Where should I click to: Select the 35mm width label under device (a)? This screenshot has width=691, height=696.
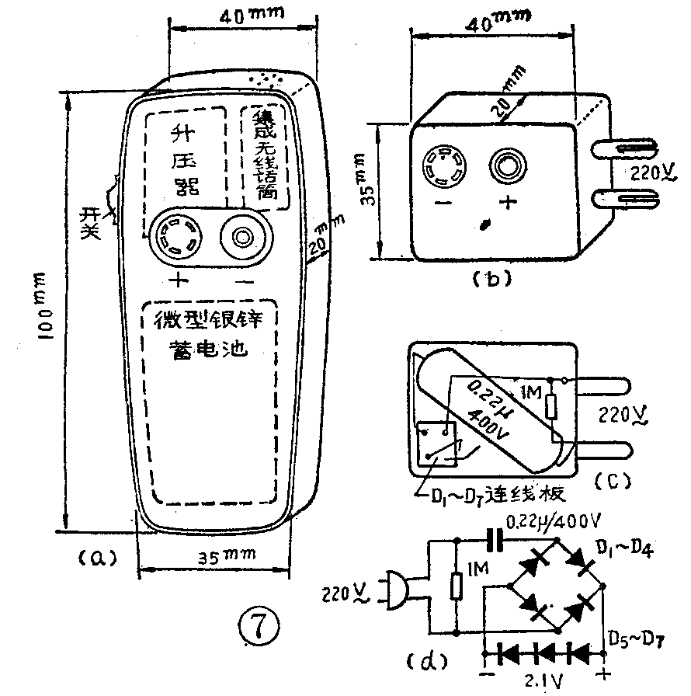click(x=219, y=556)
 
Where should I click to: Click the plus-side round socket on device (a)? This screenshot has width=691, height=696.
click(x=177, y=236)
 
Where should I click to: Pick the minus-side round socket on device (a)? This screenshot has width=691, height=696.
click(x=244, y=236)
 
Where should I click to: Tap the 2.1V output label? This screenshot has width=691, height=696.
click(x=547, y=683)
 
